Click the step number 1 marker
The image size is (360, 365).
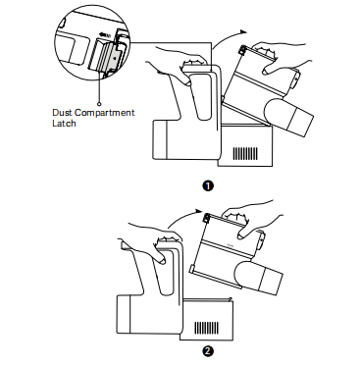pyautogui.click(x=208, y=186)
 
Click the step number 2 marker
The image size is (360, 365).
pyautogui.click(x=208, y=352)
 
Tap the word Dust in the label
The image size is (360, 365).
pyautogui.click(x=62, y=113)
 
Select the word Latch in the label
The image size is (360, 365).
pyautogui.click(x=64, y=124)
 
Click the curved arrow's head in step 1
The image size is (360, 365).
pyautogui.click(x=242, y=31)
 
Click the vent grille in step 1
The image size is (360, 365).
pyautogui.click(x=245, y=153)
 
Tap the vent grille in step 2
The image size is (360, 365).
pyautogui.click(x=207, y=328)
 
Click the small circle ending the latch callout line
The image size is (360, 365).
pyautogui.click(x=99, y=104)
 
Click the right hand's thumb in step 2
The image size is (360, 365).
pyautogui.click(x=242, y=233)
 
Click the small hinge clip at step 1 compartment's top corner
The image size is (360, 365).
pyautogui.click(x=242, y=50)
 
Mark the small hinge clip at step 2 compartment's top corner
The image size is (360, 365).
pyautogui.click(x=207, y=218)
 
